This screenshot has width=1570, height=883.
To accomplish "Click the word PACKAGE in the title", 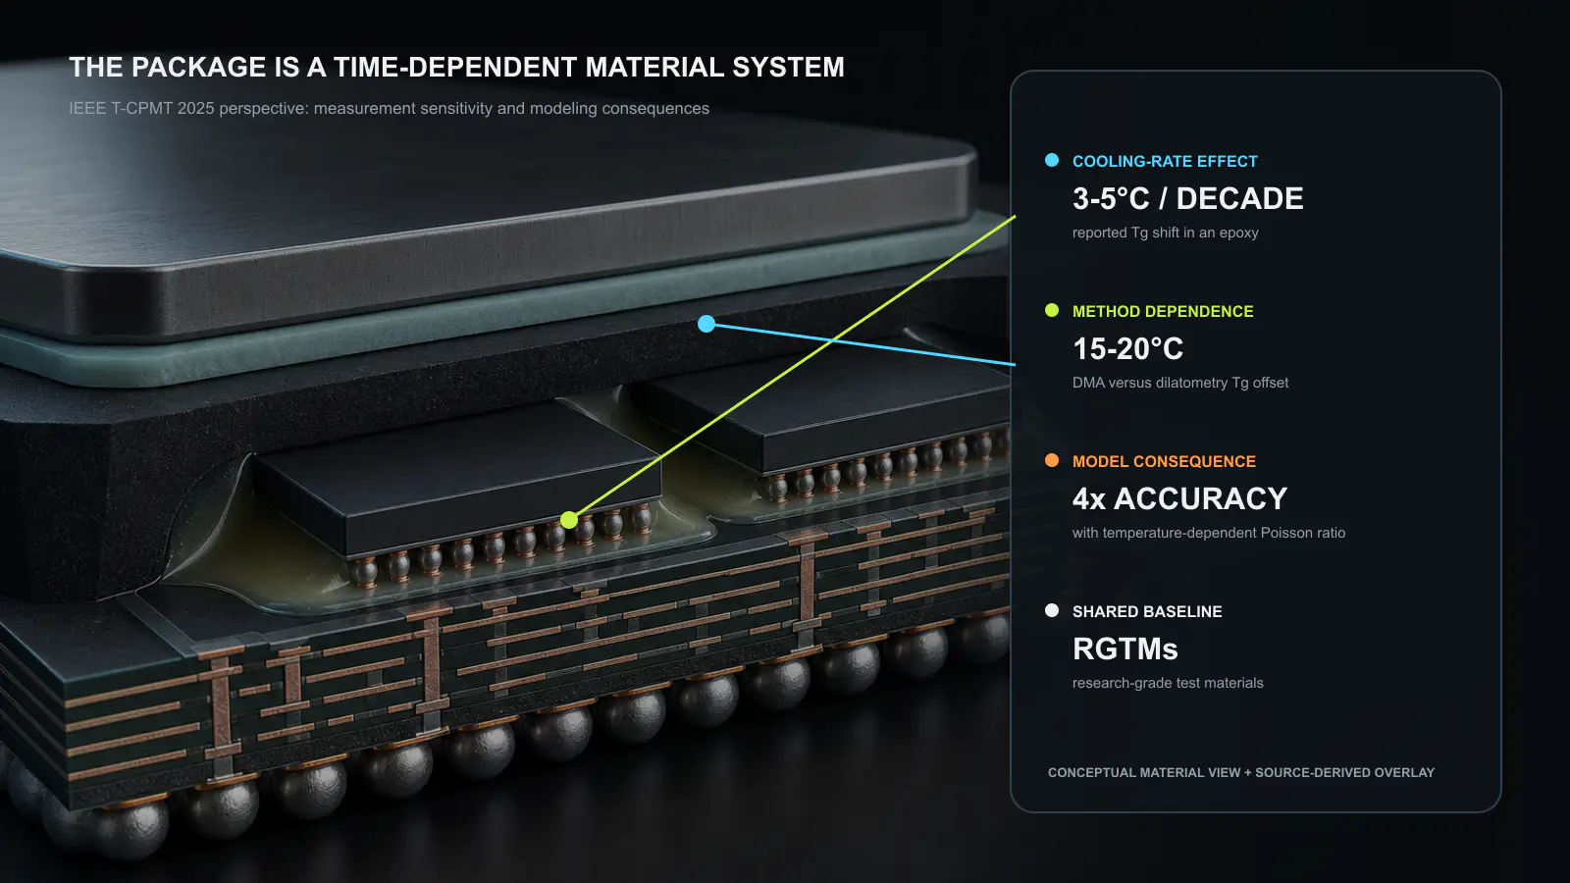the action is coord(198,68).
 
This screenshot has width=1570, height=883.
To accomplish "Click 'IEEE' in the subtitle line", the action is coord(87,108).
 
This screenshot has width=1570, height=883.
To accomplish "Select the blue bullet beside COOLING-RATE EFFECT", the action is coord(1051,160).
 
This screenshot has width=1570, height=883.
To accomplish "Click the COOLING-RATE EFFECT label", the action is coord(1165,161).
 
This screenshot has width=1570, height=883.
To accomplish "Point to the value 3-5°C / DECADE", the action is coord(1188,198).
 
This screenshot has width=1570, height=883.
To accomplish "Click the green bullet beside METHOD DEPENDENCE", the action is coord(1051,310).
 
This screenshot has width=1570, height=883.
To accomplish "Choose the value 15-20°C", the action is coord(1127,348).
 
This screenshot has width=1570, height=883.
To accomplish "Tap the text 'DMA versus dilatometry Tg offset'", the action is coord(1180,383).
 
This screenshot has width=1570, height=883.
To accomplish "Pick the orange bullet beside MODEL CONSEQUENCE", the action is coord(1051,460).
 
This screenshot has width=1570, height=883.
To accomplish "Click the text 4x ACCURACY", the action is coord(1179,498).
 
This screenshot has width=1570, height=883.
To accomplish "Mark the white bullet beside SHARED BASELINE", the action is coord(1051,609).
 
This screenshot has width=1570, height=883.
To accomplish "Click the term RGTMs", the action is coord(1125,649).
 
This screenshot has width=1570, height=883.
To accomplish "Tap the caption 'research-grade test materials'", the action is coord(1168,683).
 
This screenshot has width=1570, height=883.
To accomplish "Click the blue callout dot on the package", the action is coord(706,324).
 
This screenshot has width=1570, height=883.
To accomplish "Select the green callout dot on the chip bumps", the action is coord(569,520).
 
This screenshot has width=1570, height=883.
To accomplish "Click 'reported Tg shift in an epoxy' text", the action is coord(1165,233).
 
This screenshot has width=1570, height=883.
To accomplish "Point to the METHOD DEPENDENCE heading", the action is coord(1163,311).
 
